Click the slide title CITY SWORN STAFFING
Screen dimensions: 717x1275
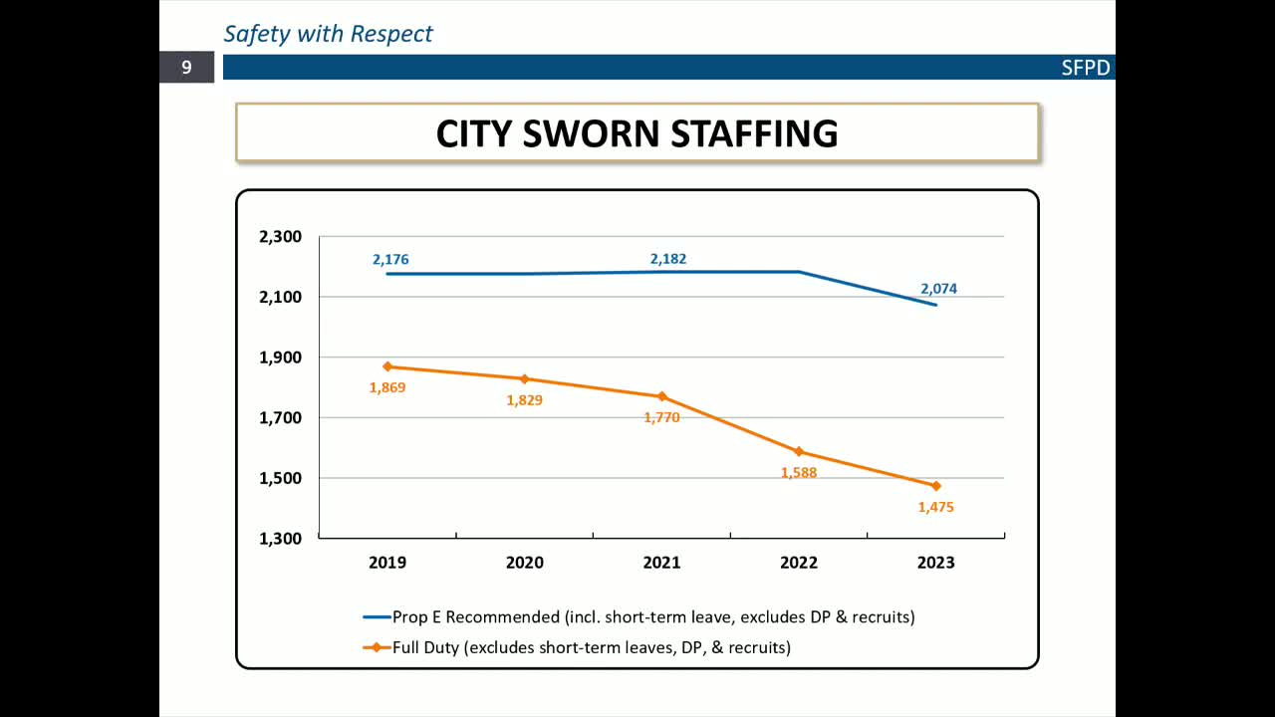coord(637,133)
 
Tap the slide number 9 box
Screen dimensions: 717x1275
coord(186,68)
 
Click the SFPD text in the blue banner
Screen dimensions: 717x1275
coord(1085,69)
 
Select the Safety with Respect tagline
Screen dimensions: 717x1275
coord(328,34)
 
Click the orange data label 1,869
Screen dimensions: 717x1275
coord(387,387)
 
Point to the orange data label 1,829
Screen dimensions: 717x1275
coord(524,400)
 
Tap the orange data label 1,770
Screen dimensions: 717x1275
coord(661,418)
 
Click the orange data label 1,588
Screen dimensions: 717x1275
coord(798,473)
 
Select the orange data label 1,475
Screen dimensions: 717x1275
coord(935,507)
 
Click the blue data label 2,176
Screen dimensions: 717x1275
coord(390,260)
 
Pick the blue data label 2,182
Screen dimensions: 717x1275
coord(667,259)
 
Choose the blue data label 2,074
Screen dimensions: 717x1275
coord(938,289)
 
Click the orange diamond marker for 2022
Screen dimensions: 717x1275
coord(799,451)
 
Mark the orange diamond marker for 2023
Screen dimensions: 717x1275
coord(935,486)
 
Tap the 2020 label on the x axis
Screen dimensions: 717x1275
coord(524,563)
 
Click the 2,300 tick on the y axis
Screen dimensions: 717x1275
coord(280,237)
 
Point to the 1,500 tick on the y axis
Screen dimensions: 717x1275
coord(280,478)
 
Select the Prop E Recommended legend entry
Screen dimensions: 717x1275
coord(652,616)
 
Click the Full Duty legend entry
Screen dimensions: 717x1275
coord(591,647)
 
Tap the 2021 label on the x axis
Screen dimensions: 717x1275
coord(661,563)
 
